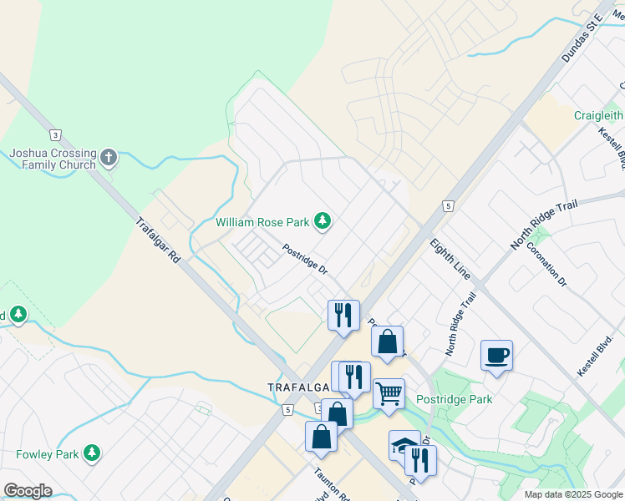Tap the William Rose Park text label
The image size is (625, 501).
tap(263, 222)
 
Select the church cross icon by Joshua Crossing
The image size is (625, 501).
tap(109, 158)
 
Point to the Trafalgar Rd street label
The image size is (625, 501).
tap(159, 242)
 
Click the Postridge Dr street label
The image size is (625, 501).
tap(304, 259)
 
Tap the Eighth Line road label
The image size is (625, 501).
tap(451, 260)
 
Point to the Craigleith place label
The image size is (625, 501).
tap(598, 115)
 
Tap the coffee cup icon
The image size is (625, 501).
tap(496, 356)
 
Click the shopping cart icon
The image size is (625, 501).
tap(389, 393)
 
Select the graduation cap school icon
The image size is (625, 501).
tap(404, 445)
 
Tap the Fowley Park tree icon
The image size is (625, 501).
tap(91, 454)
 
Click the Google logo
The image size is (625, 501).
tap(28, 490)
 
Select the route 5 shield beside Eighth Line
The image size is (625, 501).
tap(449, 205)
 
